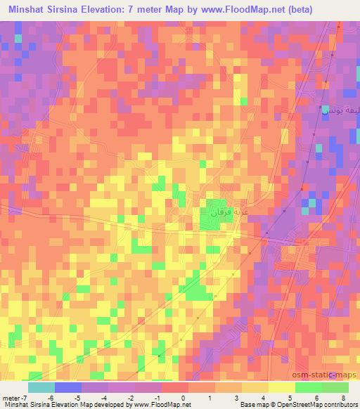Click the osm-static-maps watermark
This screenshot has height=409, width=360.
[329, 375]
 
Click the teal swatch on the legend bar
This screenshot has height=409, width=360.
[41, 387]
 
